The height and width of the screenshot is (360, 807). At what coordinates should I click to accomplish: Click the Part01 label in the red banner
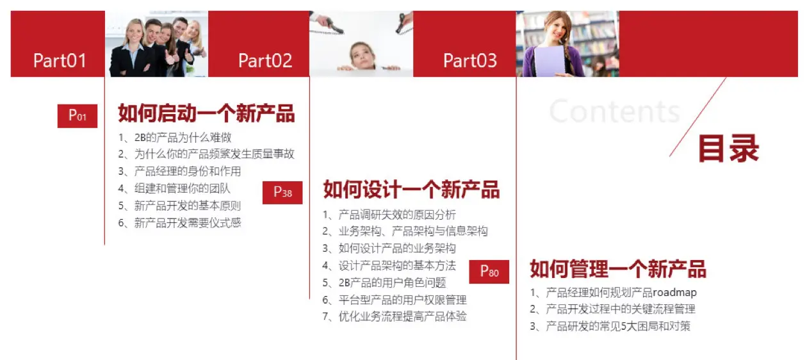pos(60,61)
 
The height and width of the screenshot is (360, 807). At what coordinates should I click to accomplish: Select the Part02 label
pos(265,61)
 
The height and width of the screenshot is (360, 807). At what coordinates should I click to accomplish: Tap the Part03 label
pos(470,61)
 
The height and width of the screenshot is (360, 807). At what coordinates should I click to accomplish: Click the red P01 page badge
pos(77,116)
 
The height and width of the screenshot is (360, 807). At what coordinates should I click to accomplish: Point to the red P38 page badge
pos(282,192)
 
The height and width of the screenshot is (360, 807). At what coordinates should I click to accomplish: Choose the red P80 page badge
pos(489,272)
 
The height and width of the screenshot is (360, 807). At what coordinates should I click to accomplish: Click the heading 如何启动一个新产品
pos(206,113)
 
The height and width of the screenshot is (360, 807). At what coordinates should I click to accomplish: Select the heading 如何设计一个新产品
pos(411,190)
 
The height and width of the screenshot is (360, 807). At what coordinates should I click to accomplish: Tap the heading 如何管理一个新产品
pos(618,269)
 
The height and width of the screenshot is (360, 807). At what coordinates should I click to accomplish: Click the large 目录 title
pos(729,148)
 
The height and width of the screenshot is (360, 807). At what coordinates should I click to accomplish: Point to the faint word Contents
pos(615,111)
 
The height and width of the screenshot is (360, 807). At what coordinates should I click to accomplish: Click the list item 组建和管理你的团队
pos(183,188)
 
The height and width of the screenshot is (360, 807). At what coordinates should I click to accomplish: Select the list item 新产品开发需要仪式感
pos(188,223)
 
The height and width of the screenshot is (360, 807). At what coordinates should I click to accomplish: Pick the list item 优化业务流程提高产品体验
pos(403,316)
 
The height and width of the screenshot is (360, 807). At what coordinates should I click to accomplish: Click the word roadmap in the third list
pos(675,292)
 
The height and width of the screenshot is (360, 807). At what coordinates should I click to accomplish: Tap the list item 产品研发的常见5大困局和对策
pos(618,326)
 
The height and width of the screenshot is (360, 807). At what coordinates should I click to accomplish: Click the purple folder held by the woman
pos(550,61)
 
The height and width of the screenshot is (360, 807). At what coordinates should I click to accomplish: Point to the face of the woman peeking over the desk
pos(361,55)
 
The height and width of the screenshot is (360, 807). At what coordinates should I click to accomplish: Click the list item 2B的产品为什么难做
pos(183,137)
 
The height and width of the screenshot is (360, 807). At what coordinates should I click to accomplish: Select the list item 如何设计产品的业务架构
pos(397,249)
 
